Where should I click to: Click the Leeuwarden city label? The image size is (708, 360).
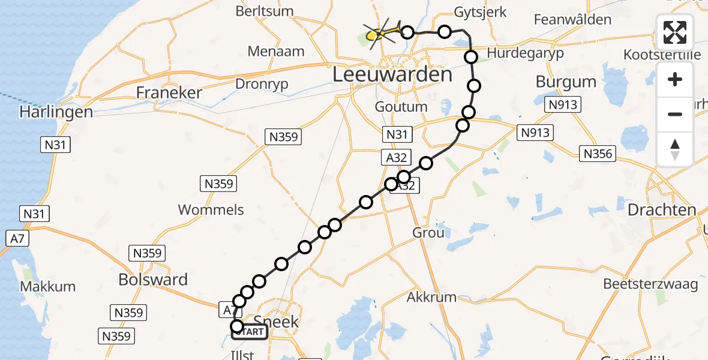coord(392,75)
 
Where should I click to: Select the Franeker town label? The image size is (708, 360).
coord(169,92)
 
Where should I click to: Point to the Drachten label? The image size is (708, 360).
coord(662,210)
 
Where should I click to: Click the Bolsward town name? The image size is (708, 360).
coord(153,280)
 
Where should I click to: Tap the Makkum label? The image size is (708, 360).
coord(48,287)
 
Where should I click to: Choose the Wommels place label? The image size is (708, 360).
coord(211,209)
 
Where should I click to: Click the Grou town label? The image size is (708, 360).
coord(428,232)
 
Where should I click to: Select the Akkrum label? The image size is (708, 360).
coord(431,297)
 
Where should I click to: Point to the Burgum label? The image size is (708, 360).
coord(566,82)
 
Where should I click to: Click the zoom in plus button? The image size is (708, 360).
coord(676,79)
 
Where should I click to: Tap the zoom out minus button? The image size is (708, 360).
coord(676,114)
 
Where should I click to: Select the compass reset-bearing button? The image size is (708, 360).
coord(676,149)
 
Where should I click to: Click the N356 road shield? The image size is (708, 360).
coord(598,154)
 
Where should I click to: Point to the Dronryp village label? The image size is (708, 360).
coord(262,84)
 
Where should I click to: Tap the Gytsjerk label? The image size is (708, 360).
coord(480,12)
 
